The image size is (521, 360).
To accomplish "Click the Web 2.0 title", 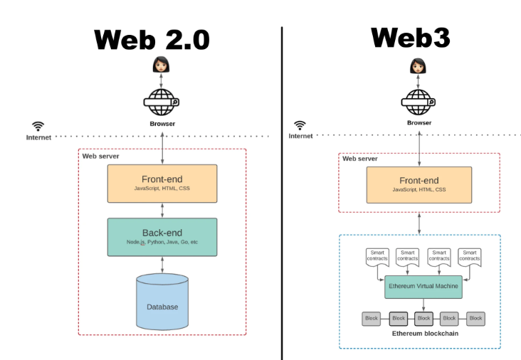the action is click(152, 40).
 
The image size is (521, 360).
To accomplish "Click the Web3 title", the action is click(411, 38).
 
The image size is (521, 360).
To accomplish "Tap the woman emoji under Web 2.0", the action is click(161, 65).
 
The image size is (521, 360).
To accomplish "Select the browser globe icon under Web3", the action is click(419, 102).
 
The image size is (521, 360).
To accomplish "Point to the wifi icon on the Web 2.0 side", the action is click(38, 126).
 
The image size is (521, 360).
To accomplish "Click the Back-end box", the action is click(162, 237).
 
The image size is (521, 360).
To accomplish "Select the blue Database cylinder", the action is click(162, 302).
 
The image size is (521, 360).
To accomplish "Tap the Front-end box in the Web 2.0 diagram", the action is click(162, 184).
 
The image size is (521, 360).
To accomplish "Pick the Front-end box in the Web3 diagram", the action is click(419, 185).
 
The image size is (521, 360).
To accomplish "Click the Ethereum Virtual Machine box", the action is click(423, 287).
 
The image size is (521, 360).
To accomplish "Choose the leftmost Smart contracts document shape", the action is click(377, 257).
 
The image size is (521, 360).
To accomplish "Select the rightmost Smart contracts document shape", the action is click(470, 257).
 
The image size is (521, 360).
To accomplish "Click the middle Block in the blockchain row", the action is click(423, 319).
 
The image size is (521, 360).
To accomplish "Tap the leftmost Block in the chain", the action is click(371, 319).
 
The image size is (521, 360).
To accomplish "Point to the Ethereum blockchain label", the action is click(425, 334).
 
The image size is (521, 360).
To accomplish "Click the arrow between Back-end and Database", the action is click(162, 265).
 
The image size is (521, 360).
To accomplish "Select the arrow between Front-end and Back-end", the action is click(162, 210).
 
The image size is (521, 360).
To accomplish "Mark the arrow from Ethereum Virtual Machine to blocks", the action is click(423, 305).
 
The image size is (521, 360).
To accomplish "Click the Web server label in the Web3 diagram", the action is click(360, 159).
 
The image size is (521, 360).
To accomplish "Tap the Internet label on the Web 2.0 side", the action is click(38, 137).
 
